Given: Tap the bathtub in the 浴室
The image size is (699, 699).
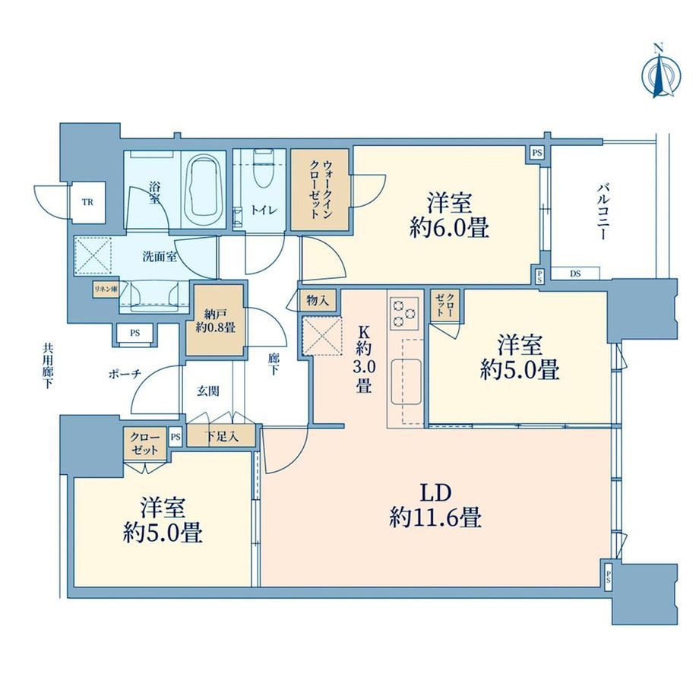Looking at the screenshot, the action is (204, 190).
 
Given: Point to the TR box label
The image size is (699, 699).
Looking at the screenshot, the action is (87, 202).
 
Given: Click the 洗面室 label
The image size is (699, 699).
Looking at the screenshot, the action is (160, 257).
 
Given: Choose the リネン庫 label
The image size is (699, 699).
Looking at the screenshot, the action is (106, 289).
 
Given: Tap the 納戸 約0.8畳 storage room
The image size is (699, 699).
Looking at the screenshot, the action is (215, 320).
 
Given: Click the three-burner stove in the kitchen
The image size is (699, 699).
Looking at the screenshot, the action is (405, 313).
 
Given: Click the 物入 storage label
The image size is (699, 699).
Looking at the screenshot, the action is (318, 301).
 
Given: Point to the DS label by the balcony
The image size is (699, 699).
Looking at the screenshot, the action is (575, 274).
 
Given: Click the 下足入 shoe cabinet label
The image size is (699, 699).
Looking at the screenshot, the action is (221, 437).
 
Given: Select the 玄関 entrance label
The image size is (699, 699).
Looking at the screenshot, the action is (208, 391).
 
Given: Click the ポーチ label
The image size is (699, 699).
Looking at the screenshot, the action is (125, 374).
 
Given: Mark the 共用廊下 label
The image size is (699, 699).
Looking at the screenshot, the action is (47, 365).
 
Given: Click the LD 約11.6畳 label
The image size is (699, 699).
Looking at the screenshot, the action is (435, 505).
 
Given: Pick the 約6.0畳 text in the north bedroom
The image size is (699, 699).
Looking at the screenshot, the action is (449, 229).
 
